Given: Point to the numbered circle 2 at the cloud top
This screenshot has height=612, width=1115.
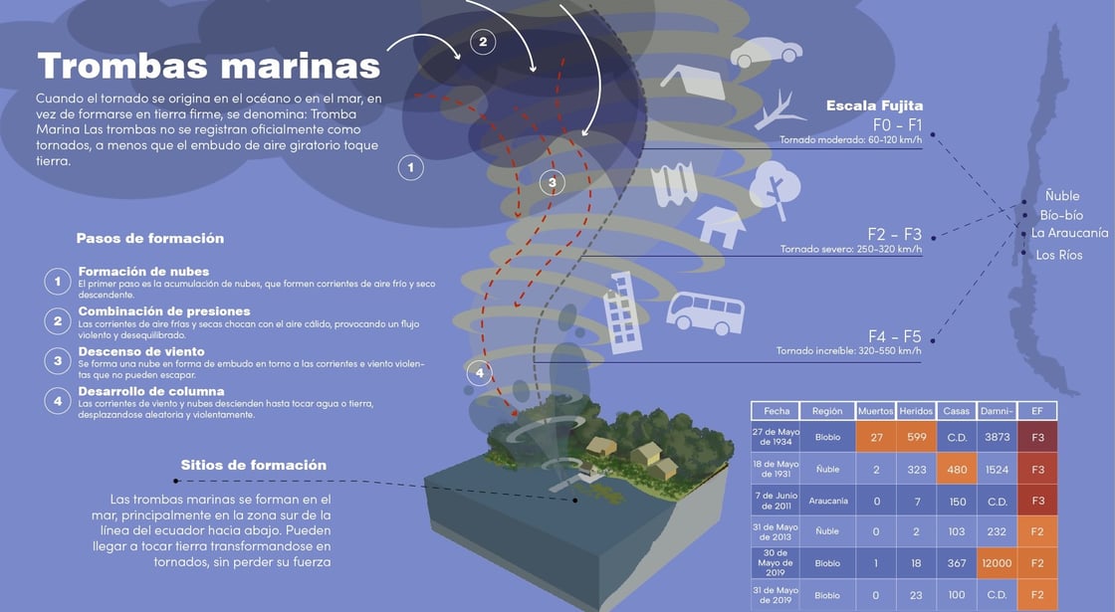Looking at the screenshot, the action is [x=483, y=42].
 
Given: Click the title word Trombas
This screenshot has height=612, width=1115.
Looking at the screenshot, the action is [x=123, y=66].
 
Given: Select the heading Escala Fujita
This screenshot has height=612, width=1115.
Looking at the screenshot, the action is [x=874, y=105].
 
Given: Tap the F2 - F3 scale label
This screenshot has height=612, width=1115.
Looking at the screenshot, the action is [x=894, y=235].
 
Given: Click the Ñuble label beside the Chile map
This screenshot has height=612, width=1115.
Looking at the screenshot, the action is [x=1061, y=196].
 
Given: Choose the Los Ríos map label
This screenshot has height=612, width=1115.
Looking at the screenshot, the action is [x=1058, y=256].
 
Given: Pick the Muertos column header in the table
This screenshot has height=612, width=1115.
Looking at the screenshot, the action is [x=876, y=411].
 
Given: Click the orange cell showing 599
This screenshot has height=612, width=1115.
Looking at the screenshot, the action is [x=916, y=437].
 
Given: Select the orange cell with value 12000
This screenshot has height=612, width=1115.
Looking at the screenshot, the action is [x=997, y=563].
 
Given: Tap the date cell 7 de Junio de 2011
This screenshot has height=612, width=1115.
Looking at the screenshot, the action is [x=777, y=501].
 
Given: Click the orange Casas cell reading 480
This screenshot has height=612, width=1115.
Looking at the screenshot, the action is [x=956, y=469].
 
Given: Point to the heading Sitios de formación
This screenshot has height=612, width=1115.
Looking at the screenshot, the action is [x=253, y=465].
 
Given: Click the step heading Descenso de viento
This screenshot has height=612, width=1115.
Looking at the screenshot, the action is [x=141, y=351].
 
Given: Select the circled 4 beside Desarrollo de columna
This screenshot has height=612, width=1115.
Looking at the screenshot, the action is [x=58, y=400].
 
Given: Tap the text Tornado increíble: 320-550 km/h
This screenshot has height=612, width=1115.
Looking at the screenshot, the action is [x=849, y=350].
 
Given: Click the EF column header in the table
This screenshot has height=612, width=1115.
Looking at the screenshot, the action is [x=1036, y=411].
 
